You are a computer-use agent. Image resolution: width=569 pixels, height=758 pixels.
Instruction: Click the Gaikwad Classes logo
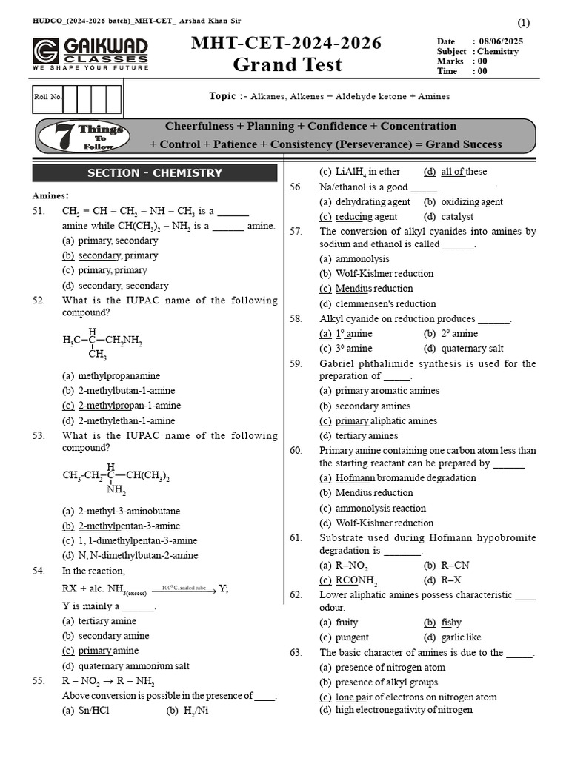click(x=90, y=54)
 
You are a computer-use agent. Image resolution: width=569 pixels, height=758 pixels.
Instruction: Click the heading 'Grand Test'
click(x=287, y=64)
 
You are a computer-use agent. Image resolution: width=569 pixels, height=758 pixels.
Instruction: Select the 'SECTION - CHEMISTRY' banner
click(x=154, y=173)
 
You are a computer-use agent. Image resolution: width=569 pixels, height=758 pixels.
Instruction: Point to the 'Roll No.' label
click(x=48, y=97)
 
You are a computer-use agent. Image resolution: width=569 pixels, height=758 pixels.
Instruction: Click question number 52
click(x=39, y=300)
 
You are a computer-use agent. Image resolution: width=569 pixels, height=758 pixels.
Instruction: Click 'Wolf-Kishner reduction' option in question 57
click(x=384, y=273)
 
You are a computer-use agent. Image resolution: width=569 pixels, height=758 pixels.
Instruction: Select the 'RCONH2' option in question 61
click(x=356, y=580)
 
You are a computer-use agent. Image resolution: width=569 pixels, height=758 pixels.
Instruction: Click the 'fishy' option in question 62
click(x=450, y=623)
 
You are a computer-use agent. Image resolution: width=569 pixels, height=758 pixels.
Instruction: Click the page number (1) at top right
click(x=523, y=21)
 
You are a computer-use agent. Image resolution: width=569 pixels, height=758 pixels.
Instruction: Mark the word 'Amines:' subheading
click(x=50, y=195)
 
